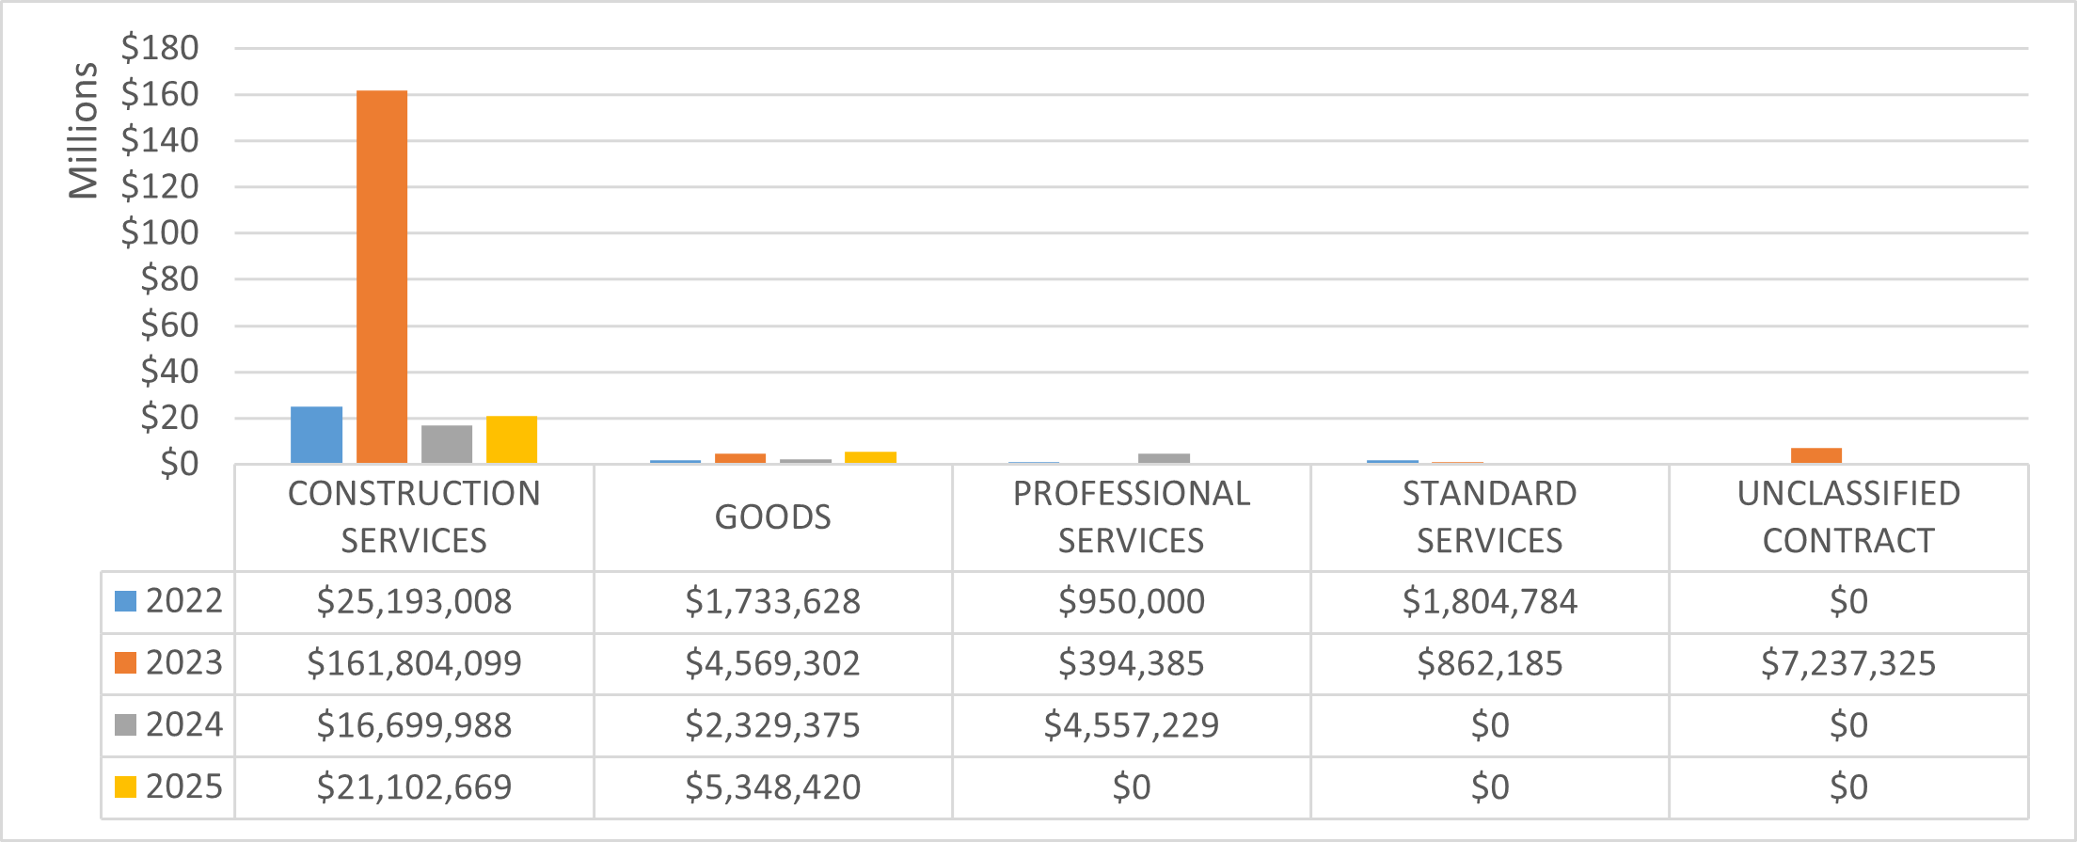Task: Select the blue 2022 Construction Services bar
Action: click(x=316, y=435)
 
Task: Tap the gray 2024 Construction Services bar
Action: click(x=447, y=444)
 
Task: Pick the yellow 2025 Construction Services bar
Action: click(x=512, y=439)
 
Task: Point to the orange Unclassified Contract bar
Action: click(x=1815, y=455)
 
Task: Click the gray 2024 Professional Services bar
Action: click(x=1164, y=458)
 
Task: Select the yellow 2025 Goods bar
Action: click(x=870, y=457)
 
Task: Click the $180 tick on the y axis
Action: click(x=160, y=48)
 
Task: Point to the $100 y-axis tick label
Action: click(x=160, y=232)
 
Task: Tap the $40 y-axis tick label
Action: click(x=169, y=372)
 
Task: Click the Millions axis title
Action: click(x=83, y=131)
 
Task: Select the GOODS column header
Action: click(x=772, y=517)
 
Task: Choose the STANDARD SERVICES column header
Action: click(x=1489, y=517)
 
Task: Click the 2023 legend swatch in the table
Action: click(x=125, y=663)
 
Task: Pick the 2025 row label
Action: click(x=183, y=786)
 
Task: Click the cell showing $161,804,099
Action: click(x=414, y=663)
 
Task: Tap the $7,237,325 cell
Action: click(x=1847, y=663)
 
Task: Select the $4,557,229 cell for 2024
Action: click(x=1131, y=725)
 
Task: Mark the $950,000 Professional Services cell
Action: click(x=1131, y=601)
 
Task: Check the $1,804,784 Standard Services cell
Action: click(x=1489, y=601)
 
